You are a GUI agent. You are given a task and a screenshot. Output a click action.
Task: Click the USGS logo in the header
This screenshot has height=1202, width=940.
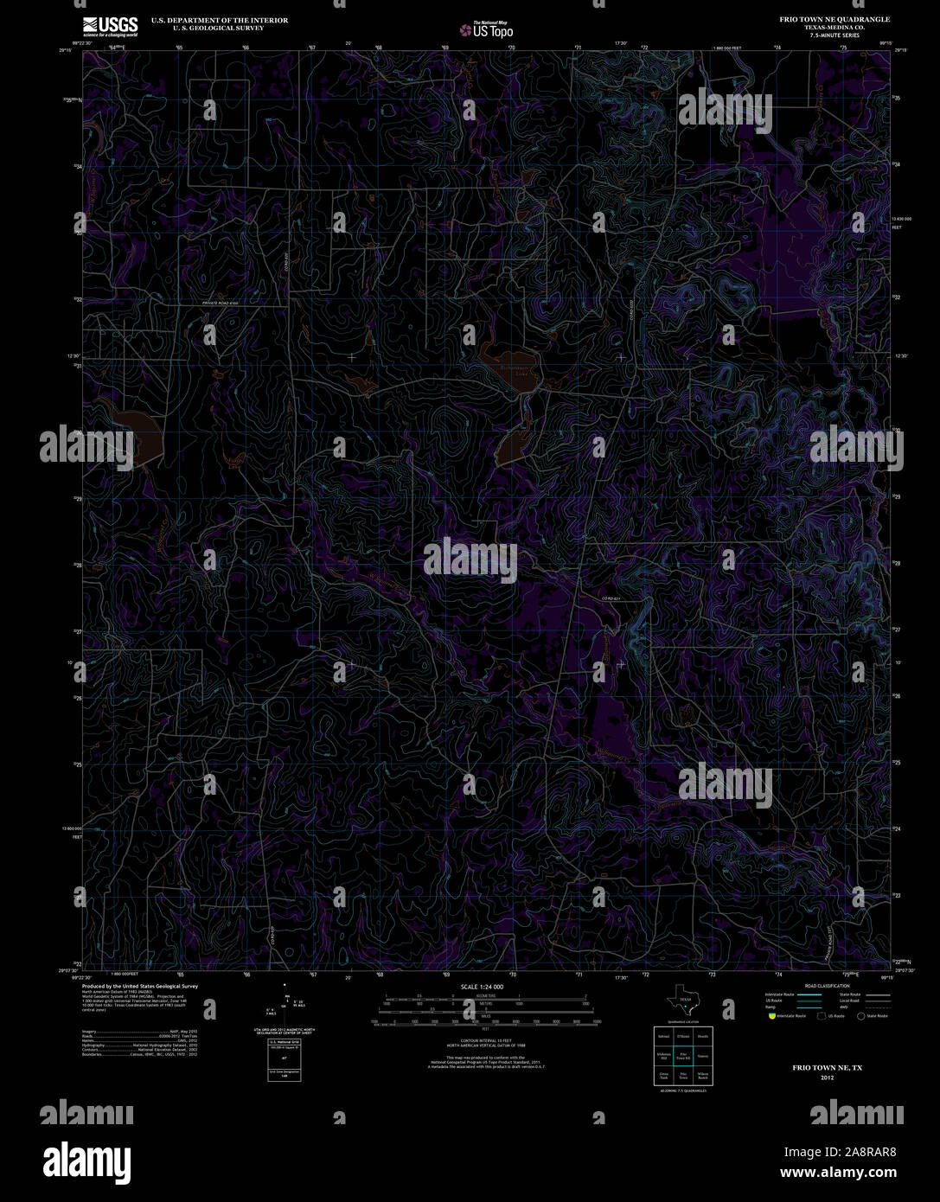click(x=110, y=26)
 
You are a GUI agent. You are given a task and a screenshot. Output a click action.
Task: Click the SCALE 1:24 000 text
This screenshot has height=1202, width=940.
click(x=482, y=987)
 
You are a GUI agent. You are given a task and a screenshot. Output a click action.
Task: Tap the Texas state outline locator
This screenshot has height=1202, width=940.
click(x=683, y=1001)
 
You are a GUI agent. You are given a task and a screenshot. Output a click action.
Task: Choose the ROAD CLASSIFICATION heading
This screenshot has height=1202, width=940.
click(x=827, y=986)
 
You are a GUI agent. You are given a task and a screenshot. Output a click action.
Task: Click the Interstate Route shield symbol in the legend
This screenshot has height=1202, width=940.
click(x=771, y=1016)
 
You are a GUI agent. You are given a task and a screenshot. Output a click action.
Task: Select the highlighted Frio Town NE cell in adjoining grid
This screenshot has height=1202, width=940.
click(x=683, y=1056)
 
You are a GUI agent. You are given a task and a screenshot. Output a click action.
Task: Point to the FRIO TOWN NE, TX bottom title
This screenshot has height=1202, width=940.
click(x=828, y=1069)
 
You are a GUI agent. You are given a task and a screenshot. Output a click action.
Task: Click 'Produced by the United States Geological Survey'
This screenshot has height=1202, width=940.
click(x=139, y=986)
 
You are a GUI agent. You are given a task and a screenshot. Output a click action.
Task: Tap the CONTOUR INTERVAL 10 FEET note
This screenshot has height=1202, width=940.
click(x=483, y=1041)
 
